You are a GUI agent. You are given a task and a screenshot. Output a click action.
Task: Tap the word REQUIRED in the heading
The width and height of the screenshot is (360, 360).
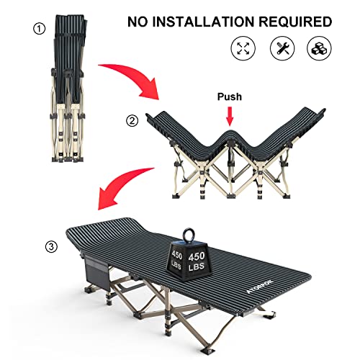298,22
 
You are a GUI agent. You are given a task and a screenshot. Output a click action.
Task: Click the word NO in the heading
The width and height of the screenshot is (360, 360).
140,22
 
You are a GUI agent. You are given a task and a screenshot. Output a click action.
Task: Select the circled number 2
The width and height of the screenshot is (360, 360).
130,120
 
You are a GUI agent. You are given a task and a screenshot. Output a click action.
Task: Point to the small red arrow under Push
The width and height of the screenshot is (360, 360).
229,114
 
